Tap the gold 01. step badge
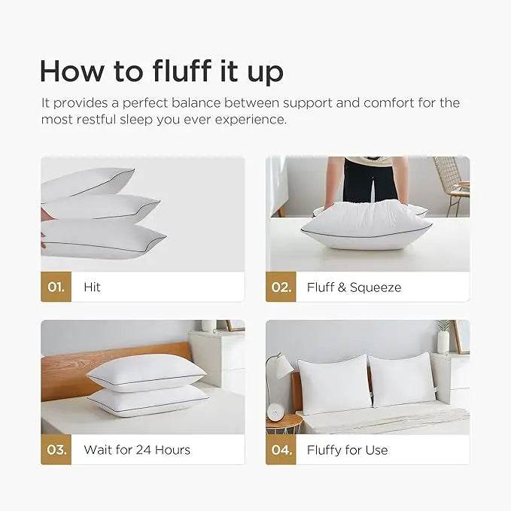(x=56, y=287)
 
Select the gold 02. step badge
(x=281, y=287)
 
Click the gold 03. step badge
(x=56, y=450)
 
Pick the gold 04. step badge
(x=281, y=450)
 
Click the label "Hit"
(x=92, y=287)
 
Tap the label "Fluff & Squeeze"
(x=354, y=287)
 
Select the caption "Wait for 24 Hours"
(x=137, y=450)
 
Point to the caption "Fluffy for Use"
(x=347, y=450)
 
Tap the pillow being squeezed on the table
(x=367, y=223)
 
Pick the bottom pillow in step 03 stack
(x=148, y=400)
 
